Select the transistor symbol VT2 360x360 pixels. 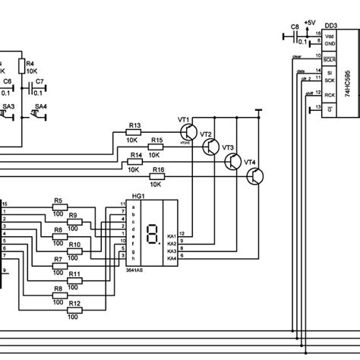[x=213, y=147]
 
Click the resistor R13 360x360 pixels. [x=134, y=133]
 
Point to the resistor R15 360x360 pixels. [x=156, y=147]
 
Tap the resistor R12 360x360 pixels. [x=74, y=310]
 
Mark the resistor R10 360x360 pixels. [x=74, y=251]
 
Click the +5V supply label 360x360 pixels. [x=308, y=22]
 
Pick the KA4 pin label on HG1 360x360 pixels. [x=171, y=258]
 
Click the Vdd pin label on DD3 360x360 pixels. [x=329, y=36]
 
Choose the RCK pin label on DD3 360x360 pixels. [x=329, y=94]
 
